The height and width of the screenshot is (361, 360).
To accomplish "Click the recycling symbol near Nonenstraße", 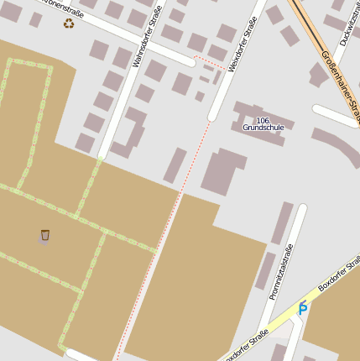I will pos(68,23).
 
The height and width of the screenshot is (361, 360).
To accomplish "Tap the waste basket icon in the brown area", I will pos(45,235).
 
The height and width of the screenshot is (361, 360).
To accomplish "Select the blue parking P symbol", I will pos(303,307).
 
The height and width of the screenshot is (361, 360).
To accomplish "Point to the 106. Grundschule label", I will pos(263,124).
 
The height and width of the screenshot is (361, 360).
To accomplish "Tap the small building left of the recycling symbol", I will pos(35,19).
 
